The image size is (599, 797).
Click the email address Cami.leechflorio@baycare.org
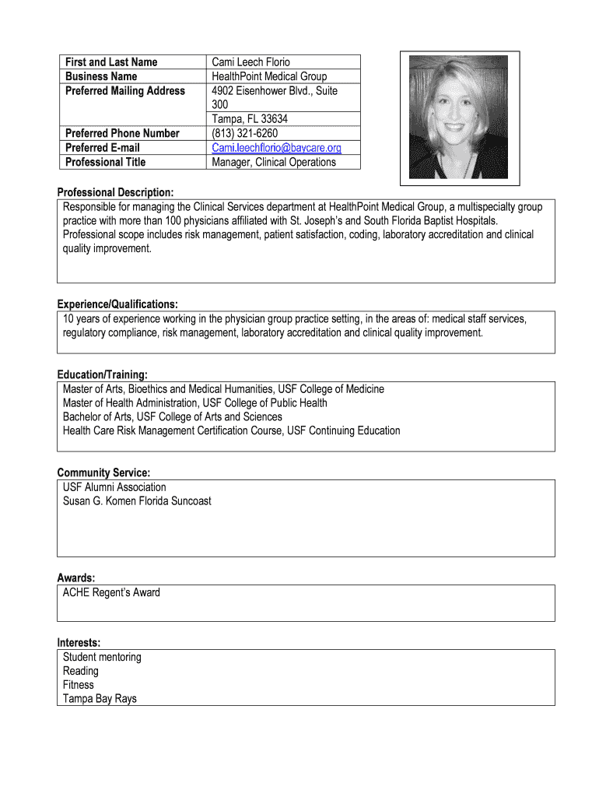pyautogui.click(x=276, y=148)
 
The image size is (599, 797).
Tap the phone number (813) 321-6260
pyautogui.click(x=244, y=133)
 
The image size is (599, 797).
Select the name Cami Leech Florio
pyautogui.click(x=250, y=62)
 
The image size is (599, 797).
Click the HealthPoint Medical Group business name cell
pyautogui.click(x=269, y=76)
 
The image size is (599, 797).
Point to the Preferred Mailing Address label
pyautogui.click(x=125, y=91)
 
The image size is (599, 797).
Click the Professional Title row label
pyautogui.click(x=105, y=162)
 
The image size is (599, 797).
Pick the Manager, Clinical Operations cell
pyautogui.click(x=274, y=162)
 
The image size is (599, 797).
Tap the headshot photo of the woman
pyautogui.click(x=458, y=117)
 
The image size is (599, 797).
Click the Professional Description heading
pyautogui.click(x=115, y=192)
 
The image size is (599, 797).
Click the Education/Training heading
pyautogui.click(x=102, y=375)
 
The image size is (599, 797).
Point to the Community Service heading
pyautogui.click(x=103, y=472)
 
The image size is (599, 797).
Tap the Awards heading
pyautogui.click(x=76, y=578)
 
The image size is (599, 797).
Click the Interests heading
pyautogui.click(x=79, y=643)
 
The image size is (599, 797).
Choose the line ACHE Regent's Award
pyautogui.click(x=111, y=593)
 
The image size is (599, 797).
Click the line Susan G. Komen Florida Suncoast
pyautogui.click(x=137, y=501)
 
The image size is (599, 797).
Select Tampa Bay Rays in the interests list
pyautogui.click(x=100, y=699)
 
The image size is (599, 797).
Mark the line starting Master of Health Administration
pyautogui.click(x=194, y=403)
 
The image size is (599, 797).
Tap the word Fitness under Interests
pyautogui.click(x=78, y=685)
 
